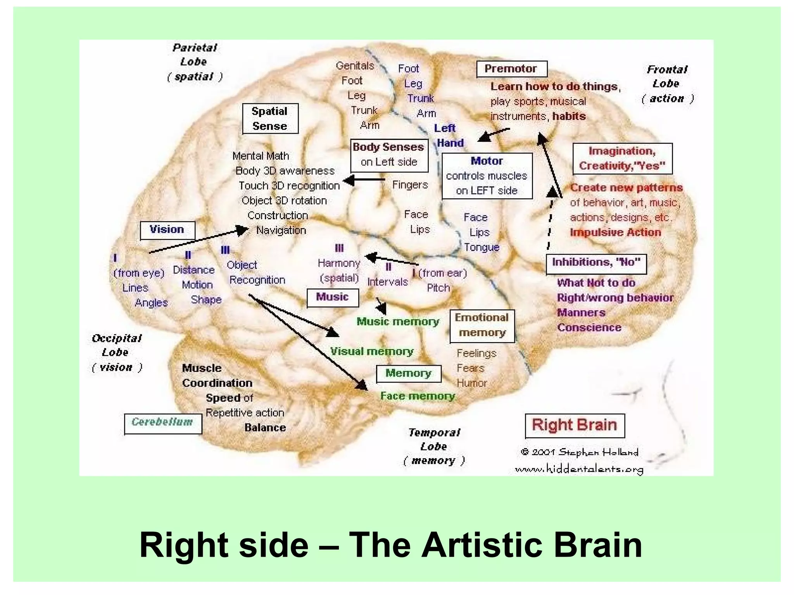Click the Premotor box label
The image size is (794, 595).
511,69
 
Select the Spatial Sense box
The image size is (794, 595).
270,119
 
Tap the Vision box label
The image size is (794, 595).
167,230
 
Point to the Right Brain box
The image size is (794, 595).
574,425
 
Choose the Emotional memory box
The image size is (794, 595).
482,325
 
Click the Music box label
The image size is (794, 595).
332,297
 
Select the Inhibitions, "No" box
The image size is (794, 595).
596,263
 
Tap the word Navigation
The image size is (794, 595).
281,230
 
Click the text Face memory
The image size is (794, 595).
417,396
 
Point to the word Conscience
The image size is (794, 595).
589,328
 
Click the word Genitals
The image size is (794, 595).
355,66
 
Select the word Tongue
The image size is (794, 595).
482,247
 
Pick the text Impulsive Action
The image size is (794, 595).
615,232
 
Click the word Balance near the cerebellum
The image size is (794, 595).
265,428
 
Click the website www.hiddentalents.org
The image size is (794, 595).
579,469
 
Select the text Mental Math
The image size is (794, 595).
261,156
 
